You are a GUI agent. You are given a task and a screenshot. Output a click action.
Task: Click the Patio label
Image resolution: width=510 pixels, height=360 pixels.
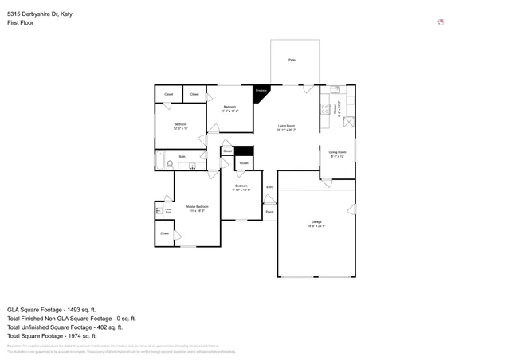(x=292, y=61)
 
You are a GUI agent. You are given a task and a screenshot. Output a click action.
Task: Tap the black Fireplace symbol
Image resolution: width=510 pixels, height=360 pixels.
(x=261, y=92)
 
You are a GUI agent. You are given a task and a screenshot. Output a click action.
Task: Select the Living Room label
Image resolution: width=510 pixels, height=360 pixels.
(x=286, y=126)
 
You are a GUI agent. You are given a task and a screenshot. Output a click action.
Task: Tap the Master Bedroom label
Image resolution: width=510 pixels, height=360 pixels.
(x=197, y=207)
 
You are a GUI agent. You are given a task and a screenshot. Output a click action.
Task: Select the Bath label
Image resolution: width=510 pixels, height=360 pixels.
(x=182, y=157)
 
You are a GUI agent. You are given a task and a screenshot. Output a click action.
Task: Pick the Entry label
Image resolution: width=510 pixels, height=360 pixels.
(x=269, y=187)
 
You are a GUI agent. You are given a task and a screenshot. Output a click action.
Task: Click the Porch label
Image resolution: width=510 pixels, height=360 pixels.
(x=269, y=212)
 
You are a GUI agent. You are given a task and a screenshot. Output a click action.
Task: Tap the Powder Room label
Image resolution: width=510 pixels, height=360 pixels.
(x=168, y=211)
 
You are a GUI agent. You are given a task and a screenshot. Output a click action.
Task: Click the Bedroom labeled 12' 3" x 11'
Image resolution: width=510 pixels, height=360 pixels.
(x=181, y=125)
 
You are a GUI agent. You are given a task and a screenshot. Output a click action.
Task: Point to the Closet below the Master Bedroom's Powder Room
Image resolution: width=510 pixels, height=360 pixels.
(x=164, y=233)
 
